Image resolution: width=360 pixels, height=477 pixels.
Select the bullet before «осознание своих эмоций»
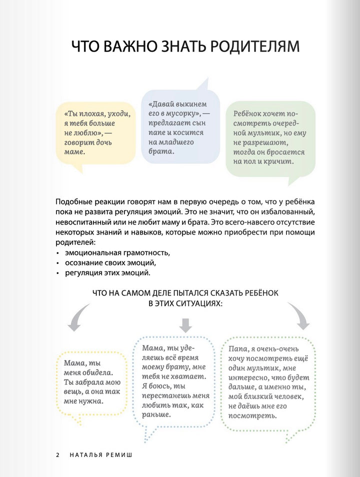[57, 262]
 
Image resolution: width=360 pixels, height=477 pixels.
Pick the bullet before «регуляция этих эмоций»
[57, 273]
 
